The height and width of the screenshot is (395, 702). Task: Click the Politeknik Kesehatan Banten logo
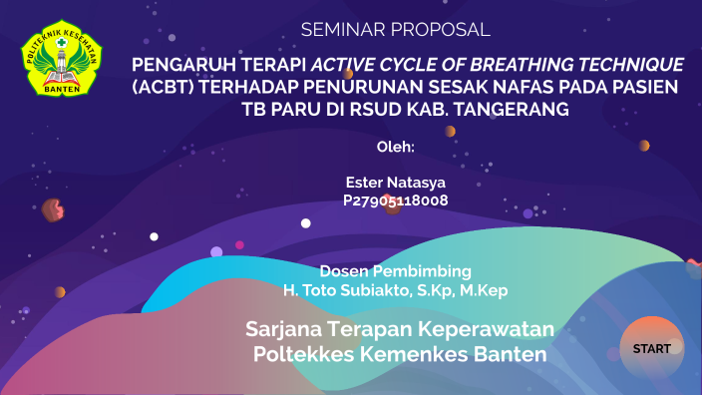point(61,59)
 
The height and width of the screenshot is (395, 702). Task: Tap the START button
point(652,349)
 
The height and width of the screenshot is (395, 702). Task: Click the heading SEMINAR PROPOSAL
point(396,30)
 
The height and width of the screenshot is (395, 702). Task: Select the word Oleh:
point(396,147)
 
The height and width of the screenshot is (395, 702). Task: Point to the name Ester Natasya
point(396,183)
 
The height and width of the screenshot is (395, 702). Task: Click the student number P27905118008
point(396,200)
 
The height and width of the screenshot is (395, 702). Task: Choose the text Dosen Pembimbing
point(396,271)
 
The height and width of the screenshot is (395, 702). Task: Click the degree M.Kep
point(484,290)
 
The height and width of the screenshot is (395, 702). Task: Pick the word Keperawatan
point(487,329)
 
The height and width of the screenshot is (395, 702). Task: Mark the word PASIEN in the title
point(640,87)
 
